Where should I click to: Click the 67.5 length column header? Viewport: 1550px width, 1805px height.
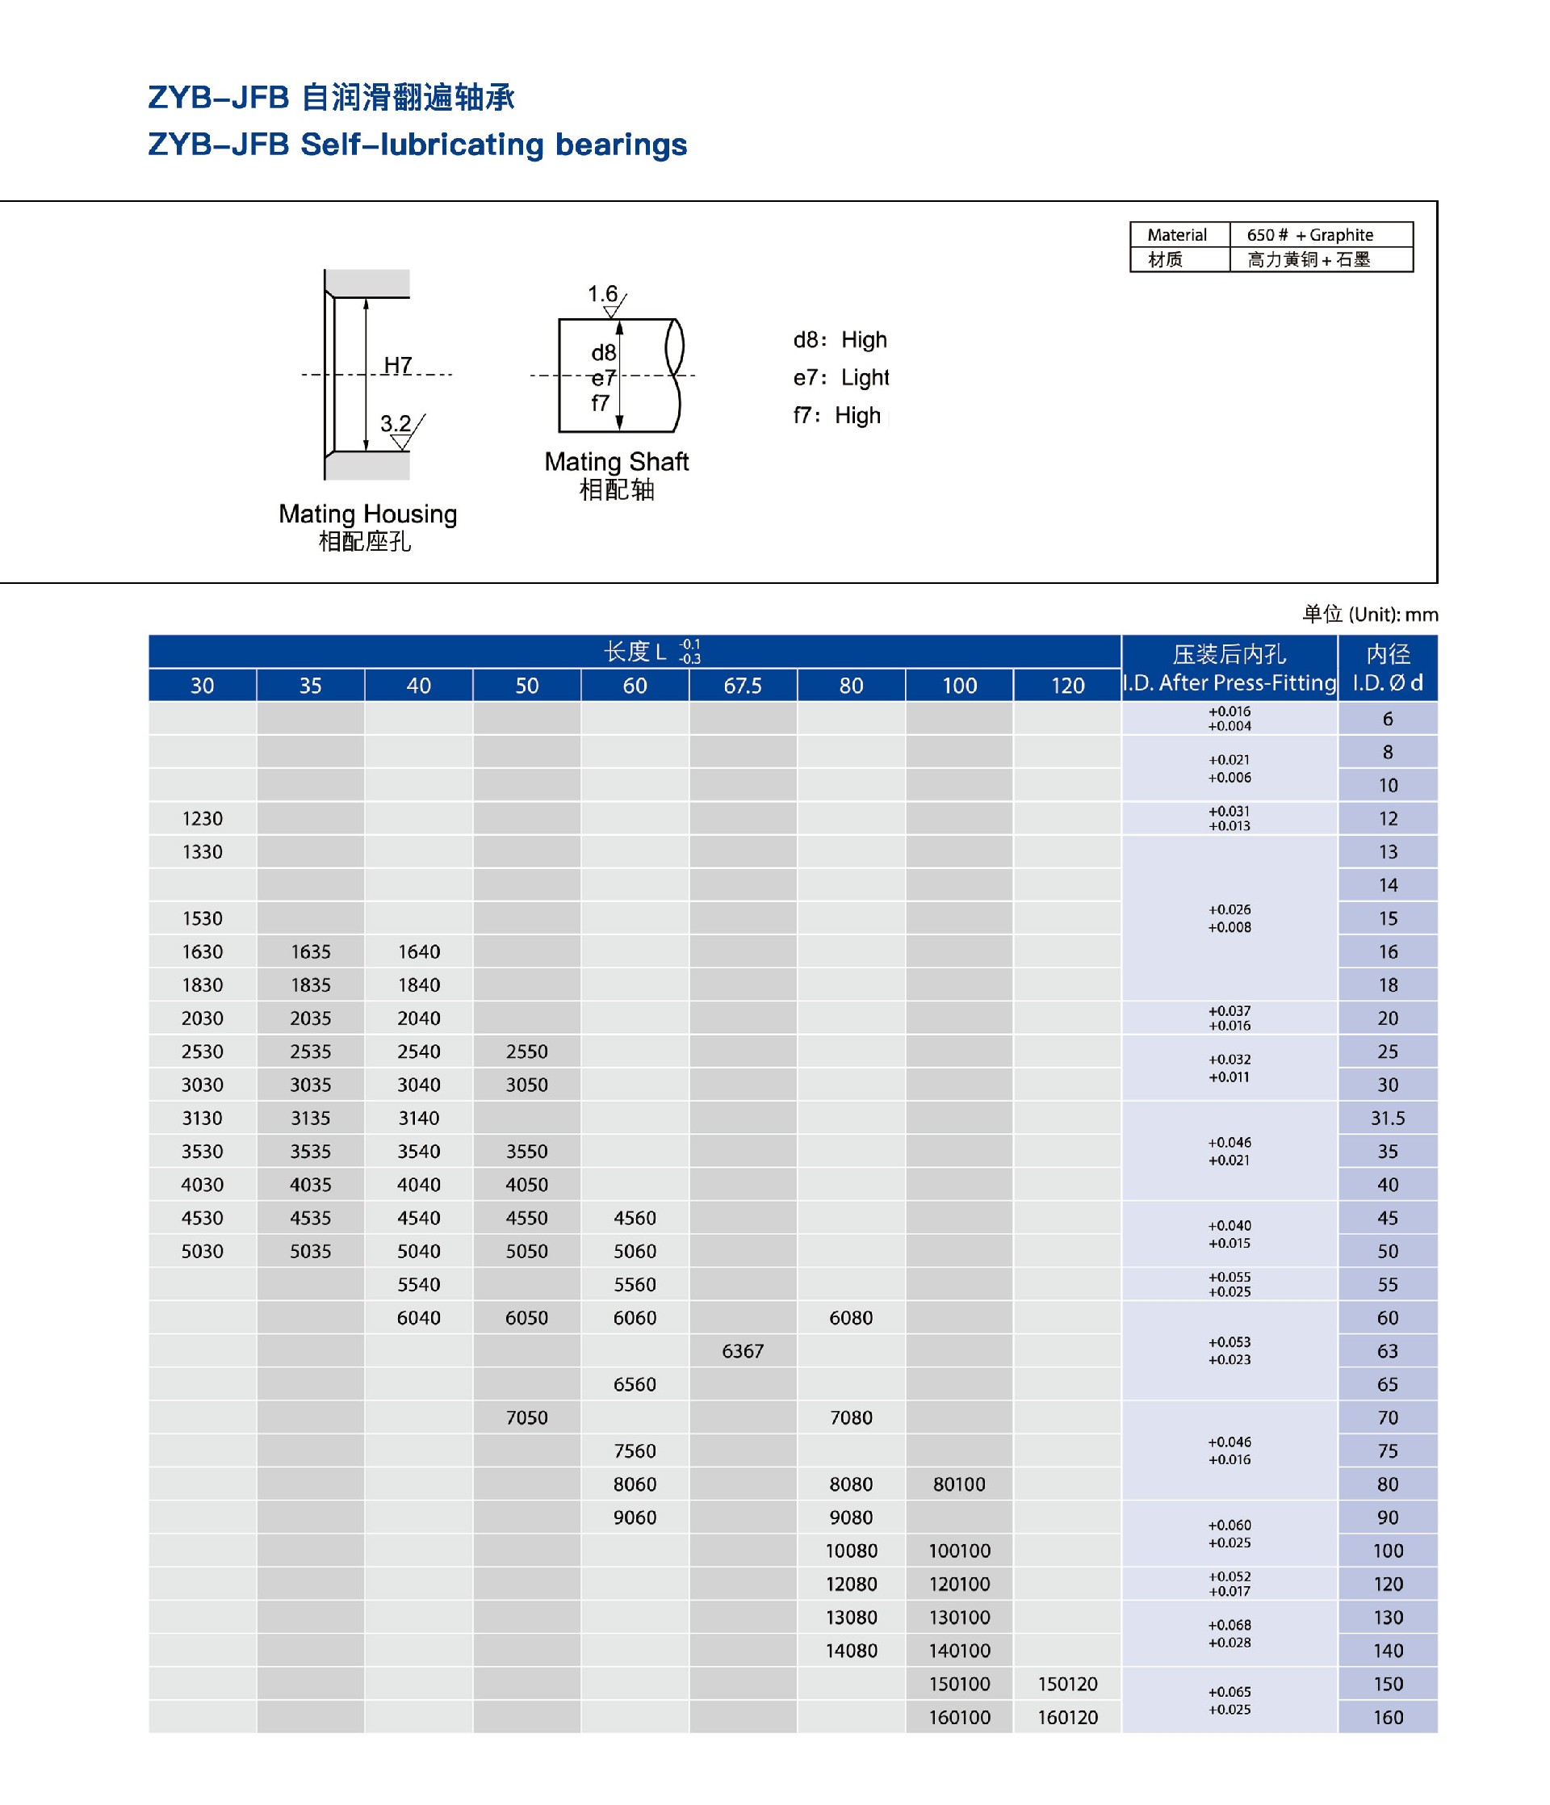tap(742, 686)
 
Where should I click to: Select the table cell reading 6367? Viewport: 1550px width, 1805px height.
tap(742, 1351)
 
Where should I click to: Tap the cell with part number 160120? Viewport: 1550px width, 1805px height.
tap(1066, 1717)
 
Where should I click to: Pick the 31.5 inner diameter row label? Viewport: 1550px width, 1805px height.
tap(1387, 1118)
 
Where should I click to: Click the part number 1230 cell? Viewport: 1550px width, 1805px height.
tap(202, 819)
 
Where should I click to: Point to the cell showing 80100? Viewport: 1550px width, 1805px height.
tap(959, 1484)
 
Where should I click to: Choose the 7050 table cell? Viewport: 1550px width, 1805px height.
tap(527, 1417)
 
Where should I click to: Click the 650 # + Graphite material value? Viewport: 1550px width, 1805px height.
tap(1309, 235)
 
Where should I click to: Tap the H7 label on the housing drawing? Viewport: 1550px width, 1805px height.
tap(398, 364)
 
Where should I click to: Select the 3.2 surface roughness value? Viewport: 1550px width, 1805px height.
tap(396, 423)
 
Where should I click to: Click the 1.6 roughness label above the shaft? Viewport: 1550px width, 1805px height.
tap(601, 295)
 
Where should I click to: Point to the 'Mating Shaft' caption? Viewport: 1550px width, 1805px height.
tap(616, 462)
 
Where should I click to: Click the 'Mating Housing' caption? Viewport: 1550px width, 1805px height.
tap(367, 514)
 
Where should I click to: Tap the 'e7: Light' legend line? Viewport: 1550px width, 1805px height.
tap(840, 377)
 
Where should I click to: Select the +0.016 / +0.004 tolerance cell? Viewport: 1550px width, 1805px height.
tap(1229, 719)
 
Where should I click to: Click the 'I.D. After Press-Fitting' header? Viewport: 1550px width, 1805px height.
tap(1229, 683)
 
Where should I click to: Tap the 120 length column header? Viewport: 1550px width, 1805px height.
tap(1066, 686)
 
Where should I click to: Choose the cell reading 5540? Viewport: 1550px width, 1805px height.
tap(419, 1284)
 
